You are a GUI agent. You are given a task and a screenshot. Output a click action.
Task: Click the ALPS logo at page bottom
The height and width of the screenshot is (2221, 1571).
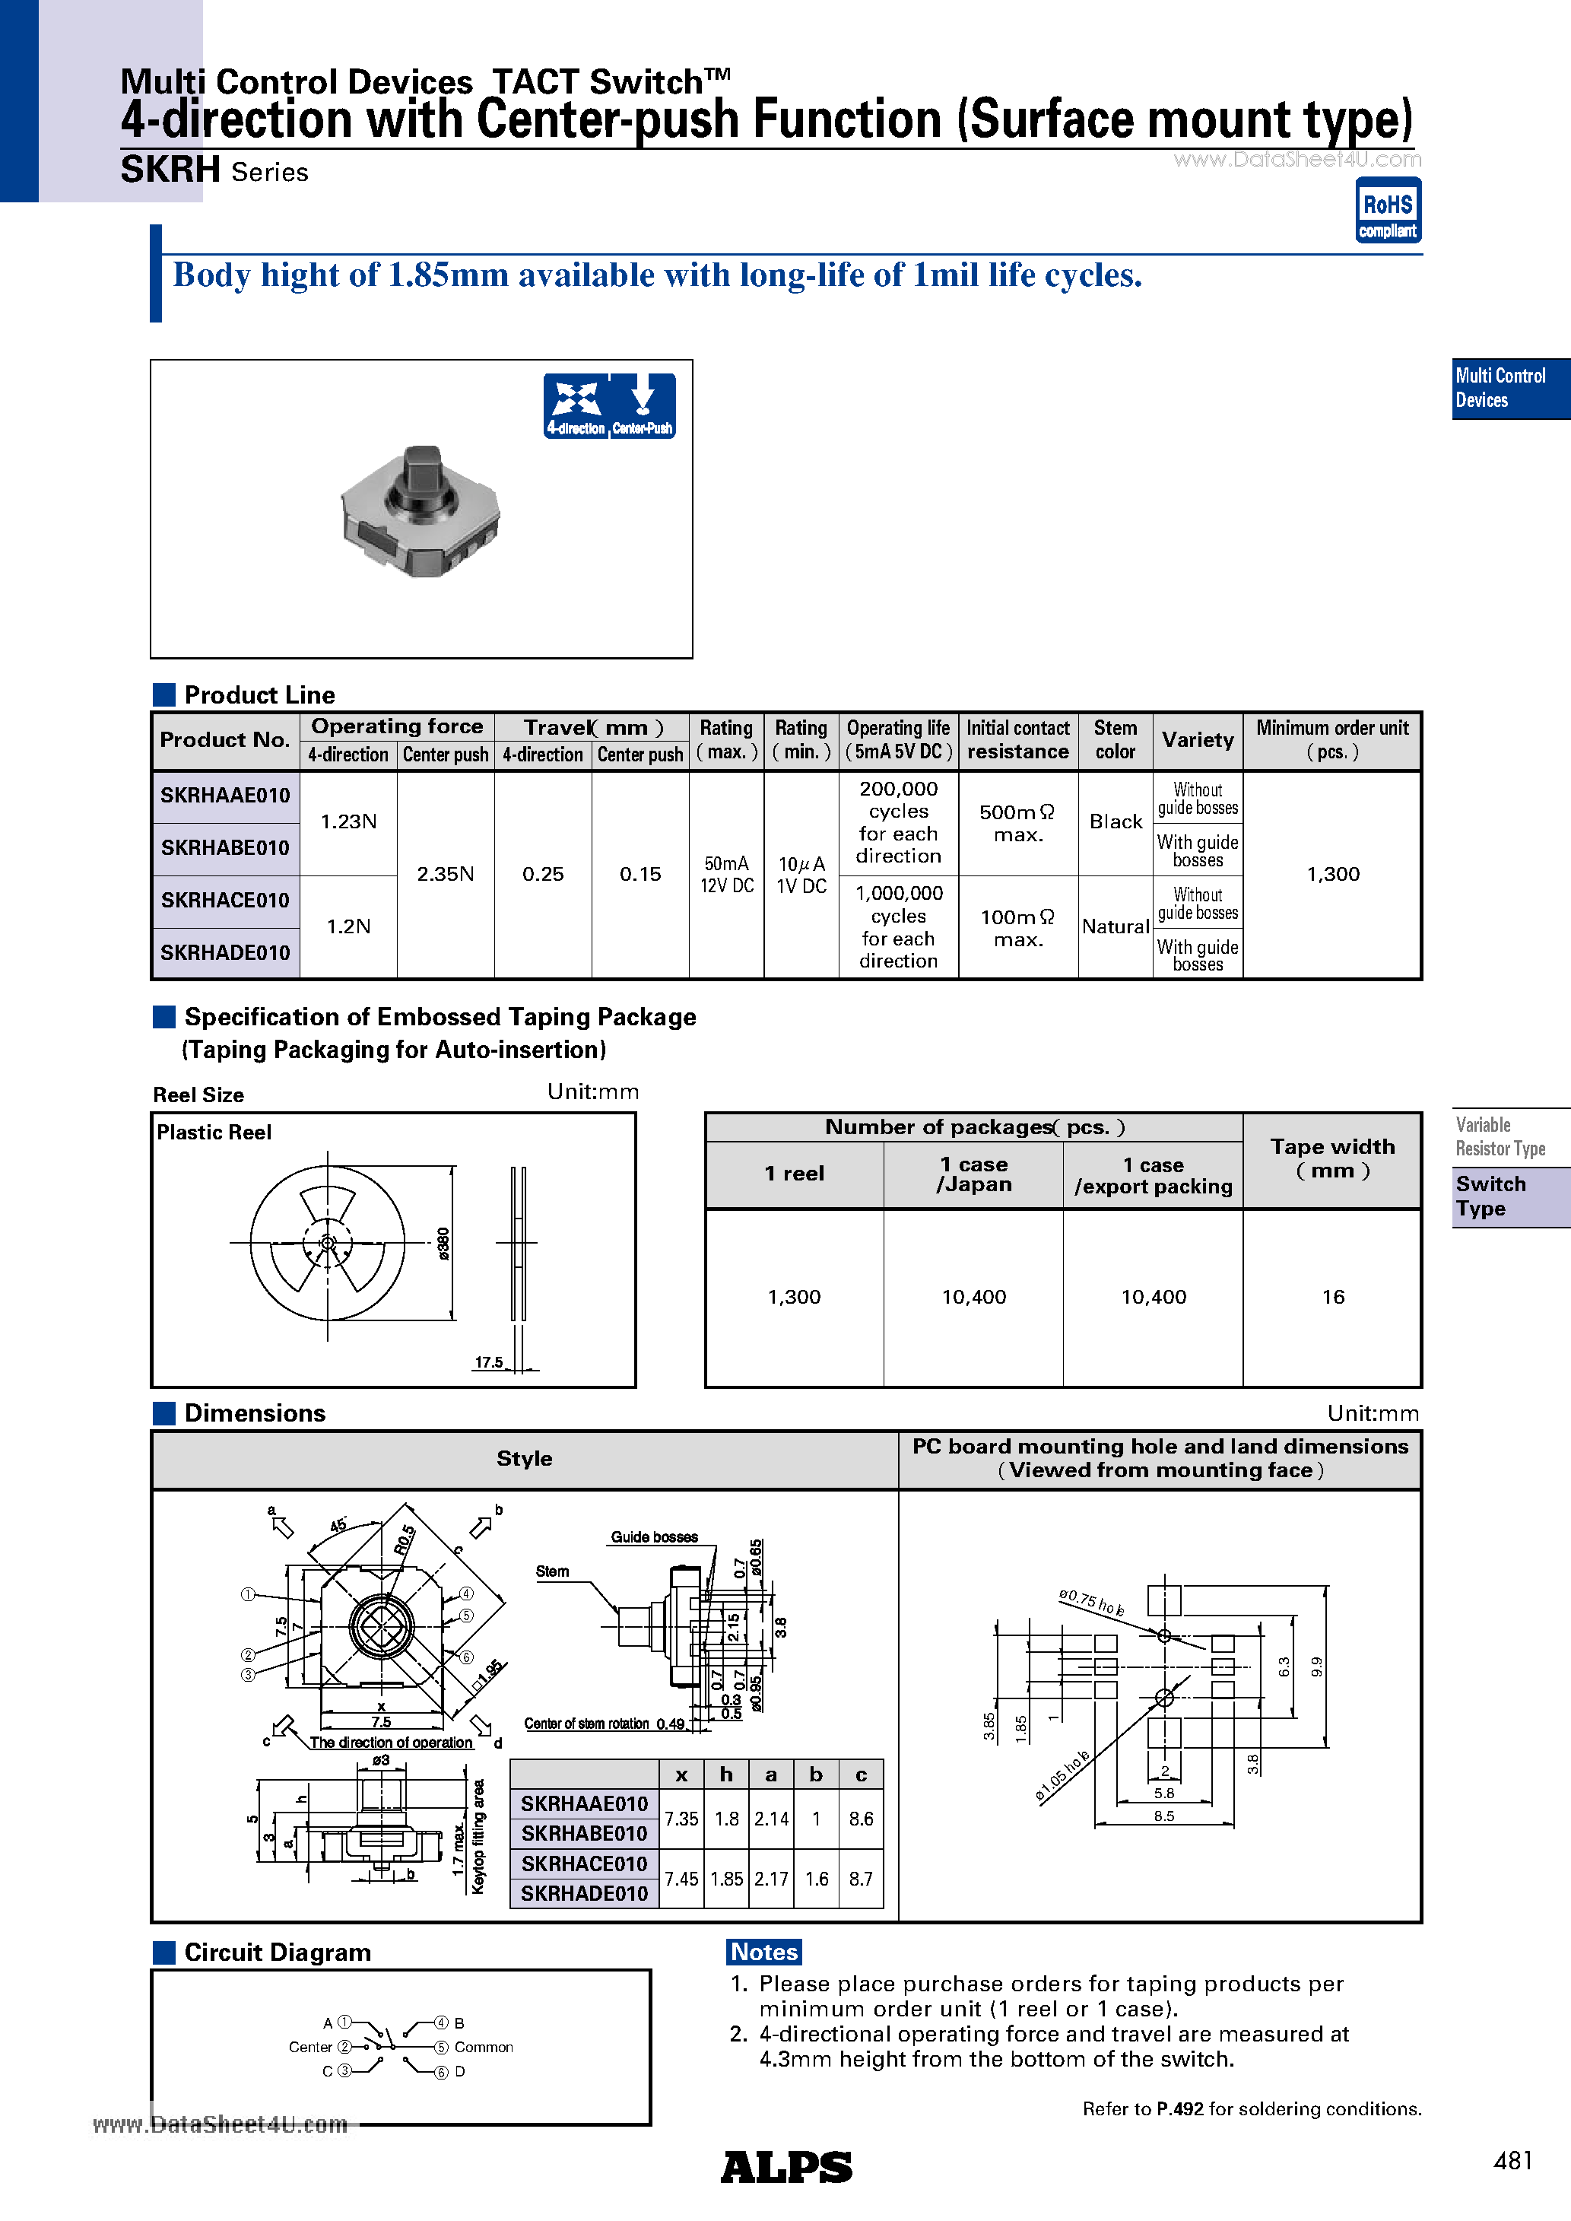coord(785,2168)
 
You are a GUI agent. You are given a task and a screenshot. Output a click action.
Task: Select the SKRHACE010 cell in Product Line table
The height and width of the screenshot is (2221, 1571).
coord(224,901)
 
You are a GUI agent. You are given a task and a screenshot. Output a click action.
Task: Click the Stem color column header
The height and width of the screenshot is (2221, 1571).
coord(1115,740)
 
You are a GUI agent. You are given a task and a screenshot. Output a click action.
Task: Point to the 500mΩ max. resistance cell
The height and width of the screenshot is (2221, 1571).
coord(1017,823)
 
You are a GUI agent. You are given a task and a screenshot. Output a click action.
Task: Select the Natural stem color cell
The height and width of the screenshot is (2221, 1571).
coord(1115,926)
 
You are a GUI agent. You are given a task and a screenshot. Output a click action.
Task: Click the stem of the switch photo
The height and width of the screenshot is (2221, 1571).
coord(423,472)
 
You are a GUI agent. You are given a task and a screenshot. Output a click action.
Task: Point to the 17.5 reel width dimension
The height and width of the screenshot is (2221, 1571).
coord(488,1363)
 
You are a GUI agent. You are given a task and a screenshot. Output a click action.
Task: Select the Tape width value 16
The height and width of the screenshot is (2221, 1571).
coord(1332,1297)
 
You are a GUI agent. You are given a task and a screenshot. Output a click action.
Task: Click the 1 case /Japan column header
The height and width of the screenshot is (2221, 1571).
coord(973,1174)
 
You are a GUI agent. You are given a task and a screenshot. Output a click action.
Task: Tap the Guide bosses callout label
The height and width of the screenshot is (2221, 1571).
coord(654,1537)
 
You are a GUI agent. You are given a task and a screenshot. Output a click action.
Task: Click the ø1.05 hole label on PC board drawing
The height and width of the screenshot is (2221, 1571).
coord(1062,1776)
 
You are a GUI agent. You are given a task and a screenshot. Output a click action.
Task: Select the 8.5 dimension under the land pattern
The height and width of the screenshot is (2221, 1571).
coord(1163,1816)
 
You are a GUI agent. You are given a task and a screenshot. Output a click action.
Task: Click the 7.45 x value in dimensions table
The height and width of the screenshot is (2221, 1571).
coord(681,1879)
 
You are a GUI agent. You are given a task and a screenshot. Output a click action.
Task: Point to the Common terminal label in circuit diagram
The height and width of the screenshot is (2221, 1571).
coord(484,2047)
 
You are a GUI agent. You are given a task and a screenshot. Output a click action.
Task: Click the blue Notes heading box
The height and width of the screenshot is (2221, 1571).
coord(764,1952)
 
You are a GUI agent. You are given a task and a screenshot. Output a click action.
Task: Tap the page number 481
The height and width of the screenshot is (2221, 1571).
coord(1513,2161)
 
